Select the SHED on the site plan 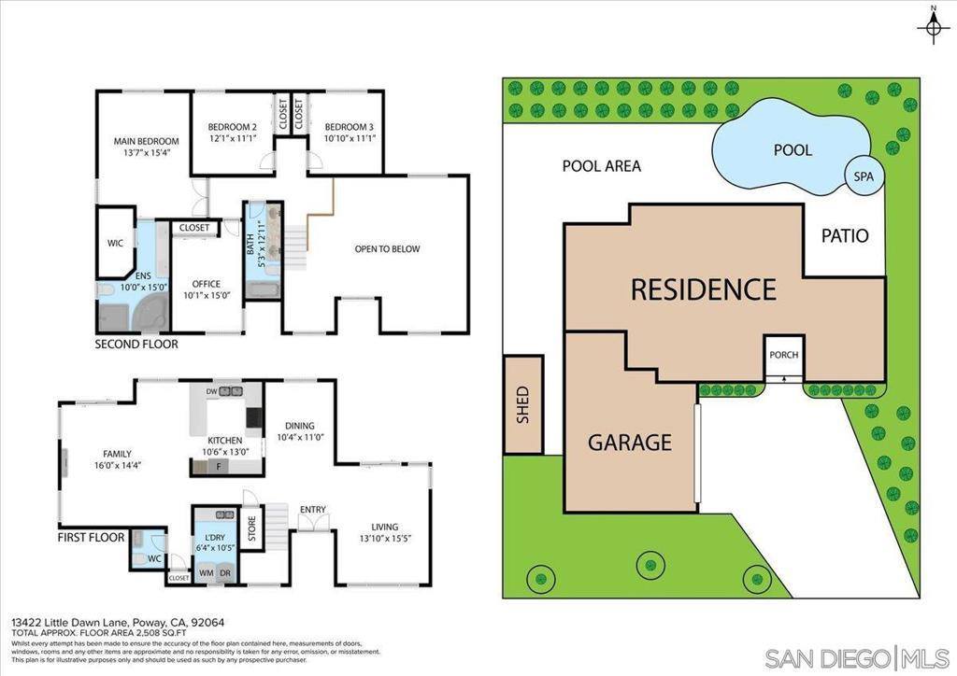point(523,404)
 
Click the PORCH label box point(783,355)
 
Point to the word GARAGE point(630,442)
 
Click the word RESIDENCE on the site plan point(703,289)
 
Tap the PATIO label point(845,235)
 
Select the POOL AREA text point(601,166)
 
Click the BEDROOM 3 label point(349,127)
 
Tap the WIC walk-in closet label point(115,243)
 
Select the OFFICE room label point(206,284)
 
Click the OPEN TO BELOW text point(387,249)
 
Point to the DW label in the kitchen point(211,391)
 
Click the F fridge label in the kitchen point(218,465)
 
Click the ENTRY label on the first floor point(313,509)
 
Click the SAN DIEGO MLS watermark point(857,656)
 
